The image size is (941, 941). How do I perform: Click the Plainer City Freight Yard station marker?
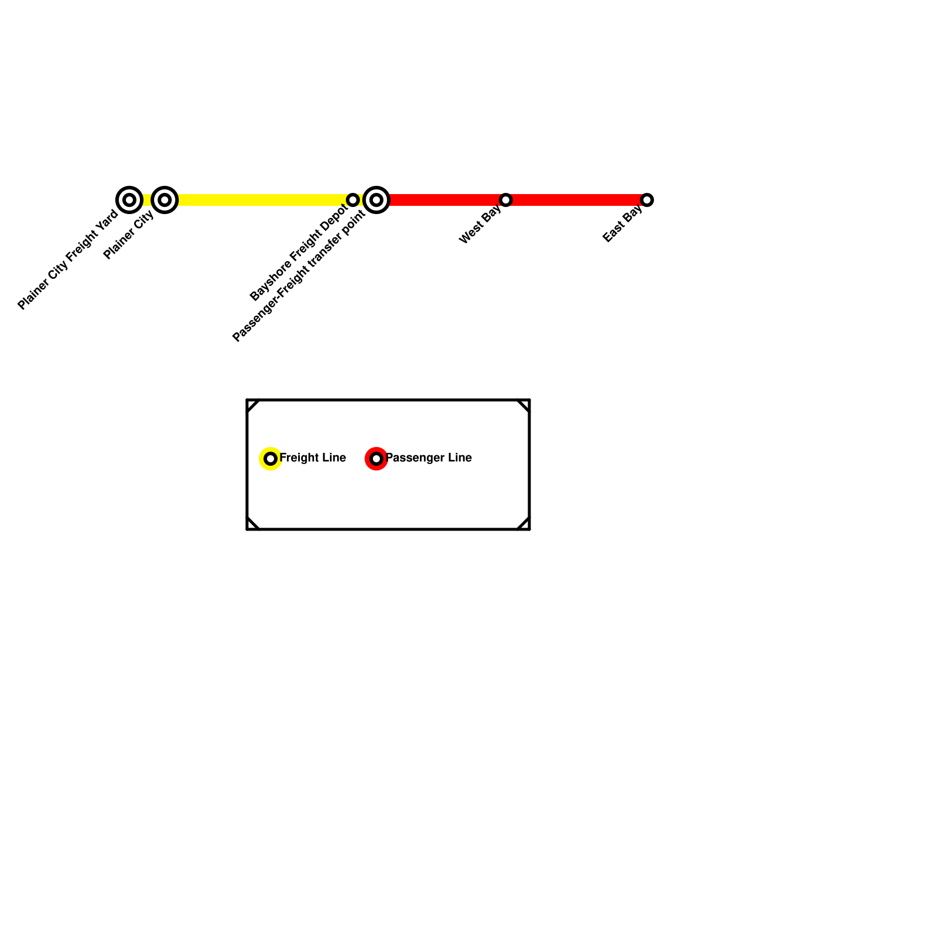[x=129, y=200]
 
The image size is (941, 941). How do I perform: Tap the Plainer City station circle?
[x=165, y=200]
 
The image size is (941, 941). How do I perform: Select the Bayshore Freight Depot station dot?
[x=353, y=200]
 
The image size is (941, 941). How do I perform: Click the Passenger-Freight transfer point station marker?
[x=376, y=200]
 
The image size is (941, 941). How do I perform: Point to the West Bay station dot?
[x=506, y=200]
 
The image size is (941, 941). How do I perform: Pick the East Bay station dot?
[x=647, y=200]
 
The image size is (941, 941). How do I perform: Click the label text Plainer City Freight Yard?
[x=68, y=259]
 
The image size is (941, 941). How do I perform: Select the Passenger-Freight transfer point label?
[x=299, y=275]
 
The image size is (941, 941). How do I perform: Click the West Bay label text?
[x=480, y=225]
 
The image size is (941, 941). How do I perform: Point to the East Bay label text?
[x=622, y=225]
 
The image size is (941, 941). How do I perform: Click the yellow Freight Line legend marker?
[x=271, y=459]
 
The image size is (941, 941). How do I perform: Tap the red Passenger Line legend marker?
[x=376, y=459]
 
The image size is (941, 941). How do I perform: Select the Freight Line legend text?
[x=312, y=458]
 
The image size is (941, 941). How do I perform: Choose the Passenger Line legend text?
[x=429, y=458]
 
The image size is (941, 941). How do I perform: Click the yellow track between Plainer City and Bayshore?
[x=259, y=200]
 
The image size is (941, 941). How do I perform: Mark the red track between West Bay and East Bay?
[x=576, y=200]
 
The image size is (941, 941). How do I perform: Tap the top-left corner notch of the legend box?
[x=252, y=405]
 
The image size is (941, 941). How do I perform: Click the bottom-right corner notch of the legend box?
[x=524, y=524]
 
